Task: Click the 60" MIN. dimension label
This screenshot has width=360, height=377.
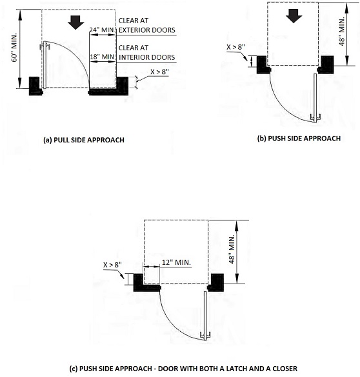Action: pos(15,48)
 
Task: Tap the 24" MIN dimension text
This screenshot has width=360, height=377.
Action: pos(101,30)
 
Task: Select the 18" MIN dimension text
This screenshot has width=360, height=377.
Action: pos(102,57)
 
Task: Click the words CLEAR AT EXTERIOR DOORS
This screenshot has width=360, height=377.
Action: pos(147,26)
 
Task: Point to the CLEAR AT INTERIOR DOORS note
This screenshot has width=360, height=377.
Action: pos(147,53)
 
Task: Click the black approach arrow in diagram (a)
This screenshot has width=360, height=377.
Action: pos(75,23)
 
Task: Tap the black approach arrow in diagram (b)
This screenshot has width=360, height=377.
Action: pos(294,16)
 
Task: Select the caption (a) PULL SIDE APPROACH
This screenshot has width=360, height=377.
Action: pos(84,140)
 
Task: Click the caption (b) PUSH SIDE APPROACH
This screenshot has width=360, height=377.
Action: pos(299,139)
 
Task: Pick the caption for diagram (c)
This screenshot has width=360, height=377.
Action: pos(183,369)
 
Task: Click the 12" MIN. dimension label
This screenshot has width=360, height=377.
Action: pos(176,262)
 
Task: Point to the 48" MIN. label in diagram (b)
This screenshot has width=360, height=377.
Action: pos(342,32)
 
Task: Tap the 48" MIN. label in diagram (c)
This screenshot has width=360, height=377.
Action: pos(232,249)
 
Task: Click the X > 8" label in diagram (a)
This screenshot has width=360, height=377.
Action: pos(160,72)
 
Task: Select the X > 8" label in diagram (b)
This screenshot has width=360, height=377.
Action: pos(236,47)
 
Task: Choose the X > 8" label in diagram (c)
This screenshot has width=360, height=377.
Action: pos(113,265)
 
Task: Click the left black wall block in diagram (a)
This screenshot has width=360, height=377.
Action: pos(35,86)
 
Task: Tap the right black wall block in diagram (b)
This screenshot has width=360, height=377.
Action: pos(326,64)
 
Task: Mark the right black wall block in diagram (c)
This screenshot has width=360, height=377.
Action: pos(215,282)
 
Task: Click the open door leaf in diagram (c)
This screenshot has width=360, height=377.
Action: pos(205,315)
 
